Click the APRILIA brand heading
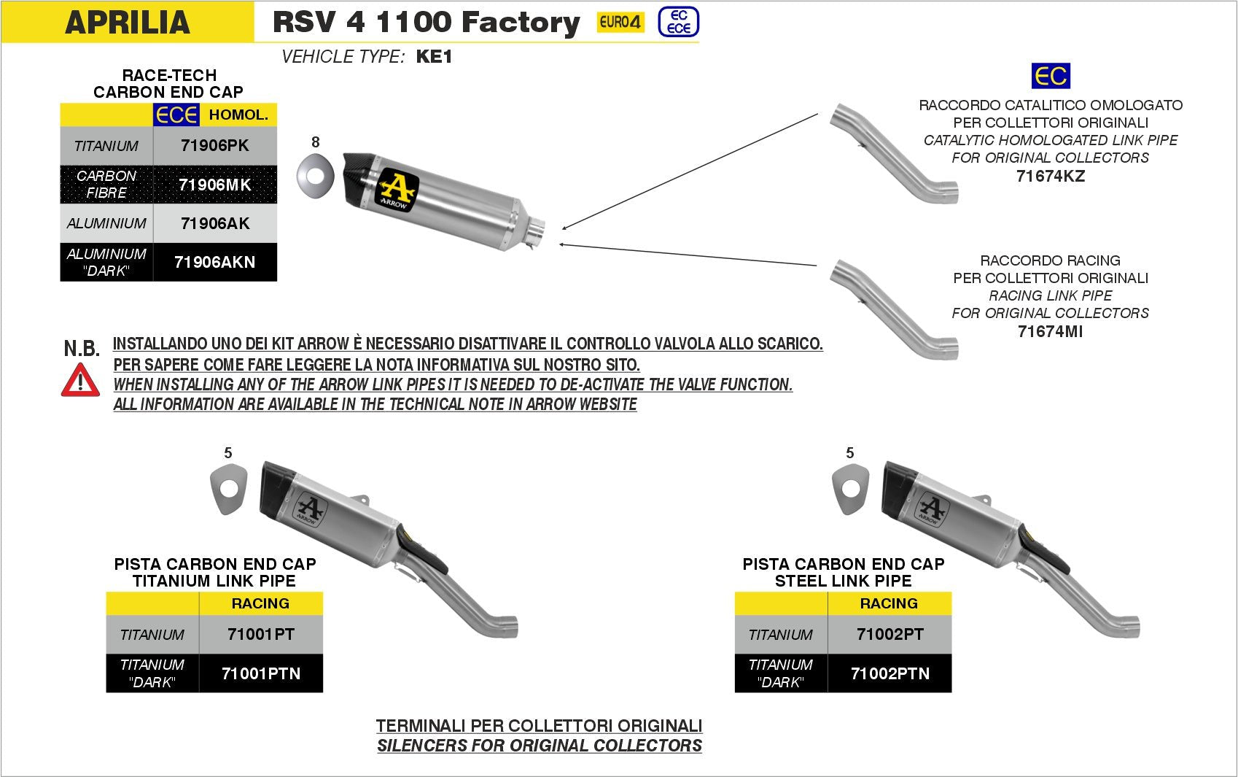pos(128,22)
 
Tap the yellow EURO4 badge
pos(620,22)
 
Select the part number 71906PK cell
pos(214,145)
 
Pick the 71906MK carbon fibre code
pos(214,185)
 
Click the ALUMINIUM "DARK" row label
pos(106,262)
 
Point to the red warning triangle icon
pos(80,380)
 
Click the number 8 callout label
pos(315,142)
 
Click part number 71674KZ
pos(1050,176)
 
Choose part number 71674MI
pos(1050,331)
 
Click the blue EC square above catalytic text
pos(1050,76)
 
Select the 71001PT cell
pos(260,634)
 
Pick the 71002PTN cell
pos(889,673)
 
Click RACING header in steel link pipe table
pos(889,603)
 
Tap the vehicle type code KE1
pos(434,57)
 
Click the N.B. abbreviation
pos(82,349)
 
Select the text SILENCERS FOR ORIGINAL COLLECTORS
pos(539,746)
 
